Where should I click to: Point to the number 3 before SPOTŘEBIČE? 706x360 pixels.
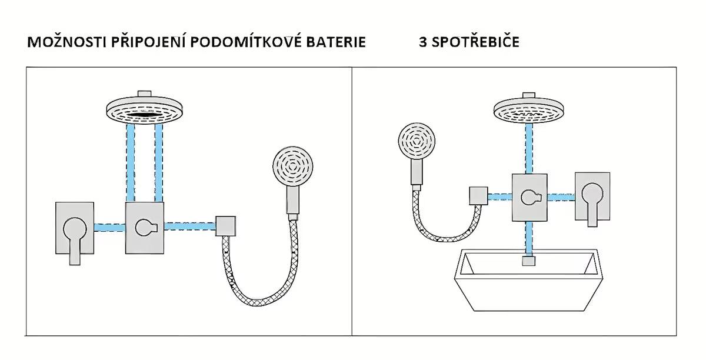(x=423, y=43)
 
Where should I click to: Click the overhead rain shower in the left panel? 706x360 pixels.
(x=142, y=108)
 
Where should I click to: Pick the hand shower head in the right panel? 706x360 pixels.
(x=418, y=142)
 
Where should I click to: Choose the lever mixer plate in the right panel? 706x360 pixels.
(x=591, y=197)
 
